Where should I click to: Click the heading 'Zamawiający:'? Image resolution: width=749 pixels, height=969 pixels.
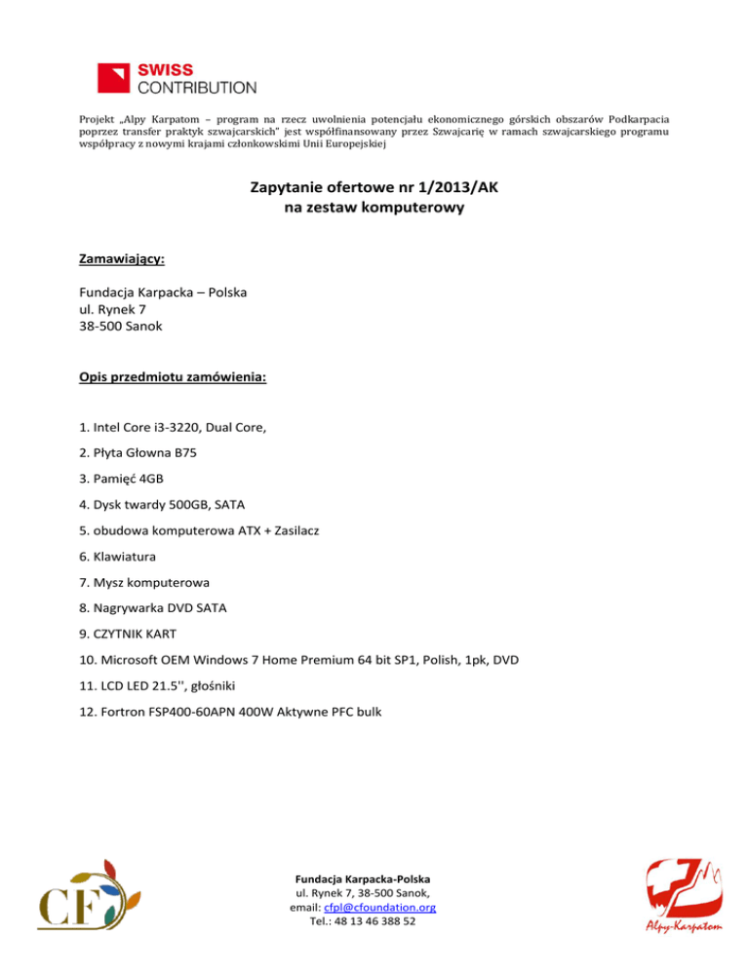(121, 259)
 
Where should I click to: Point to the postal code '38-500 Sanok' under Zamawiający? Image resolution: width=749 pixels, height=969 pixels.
(120, 327)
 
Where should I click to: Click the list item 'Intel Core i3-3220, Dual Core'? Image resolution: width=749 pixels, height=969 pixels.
(173, 427)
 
